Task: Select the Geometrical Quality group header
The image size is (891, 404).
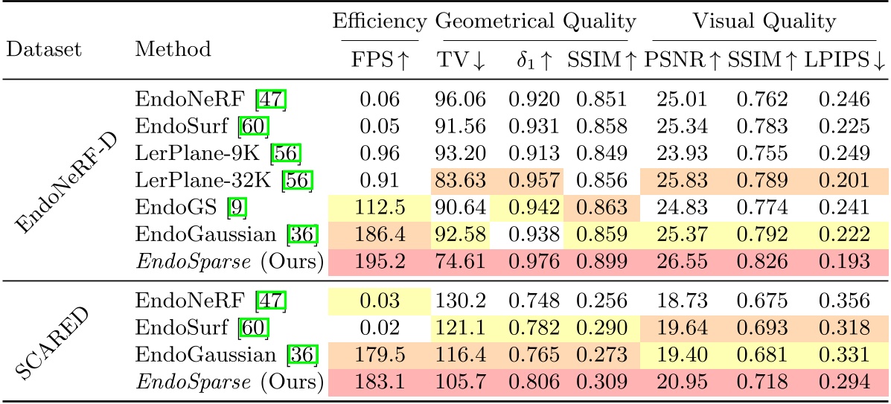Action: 536,21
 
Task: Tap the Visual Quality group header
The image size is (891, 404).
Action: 764,21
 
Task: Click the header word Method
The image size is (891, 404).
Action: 173,49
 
